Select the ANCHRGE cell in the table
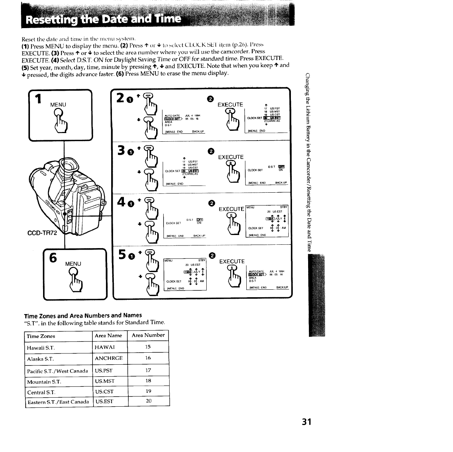pyautogui.click(x=109, y=358)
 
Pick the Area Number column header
pyautogui.click(x=148, y=335)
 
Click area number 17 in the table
pyautogui.click(x=148, y=370)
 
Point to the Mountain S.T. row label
pyautogui.click(x=44, y=382)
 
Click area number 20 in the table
pyautogui.click(x=148, y=401)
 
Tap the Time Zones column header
pyautogui.click(x=41, y=336)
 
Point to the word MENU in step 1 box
pyautogui.click(x=58, y=105)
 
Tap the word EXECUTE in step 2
pyautogui.click(x=230, y=105)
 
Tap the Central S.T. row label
pyautogui.click(x=41, y=392)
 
